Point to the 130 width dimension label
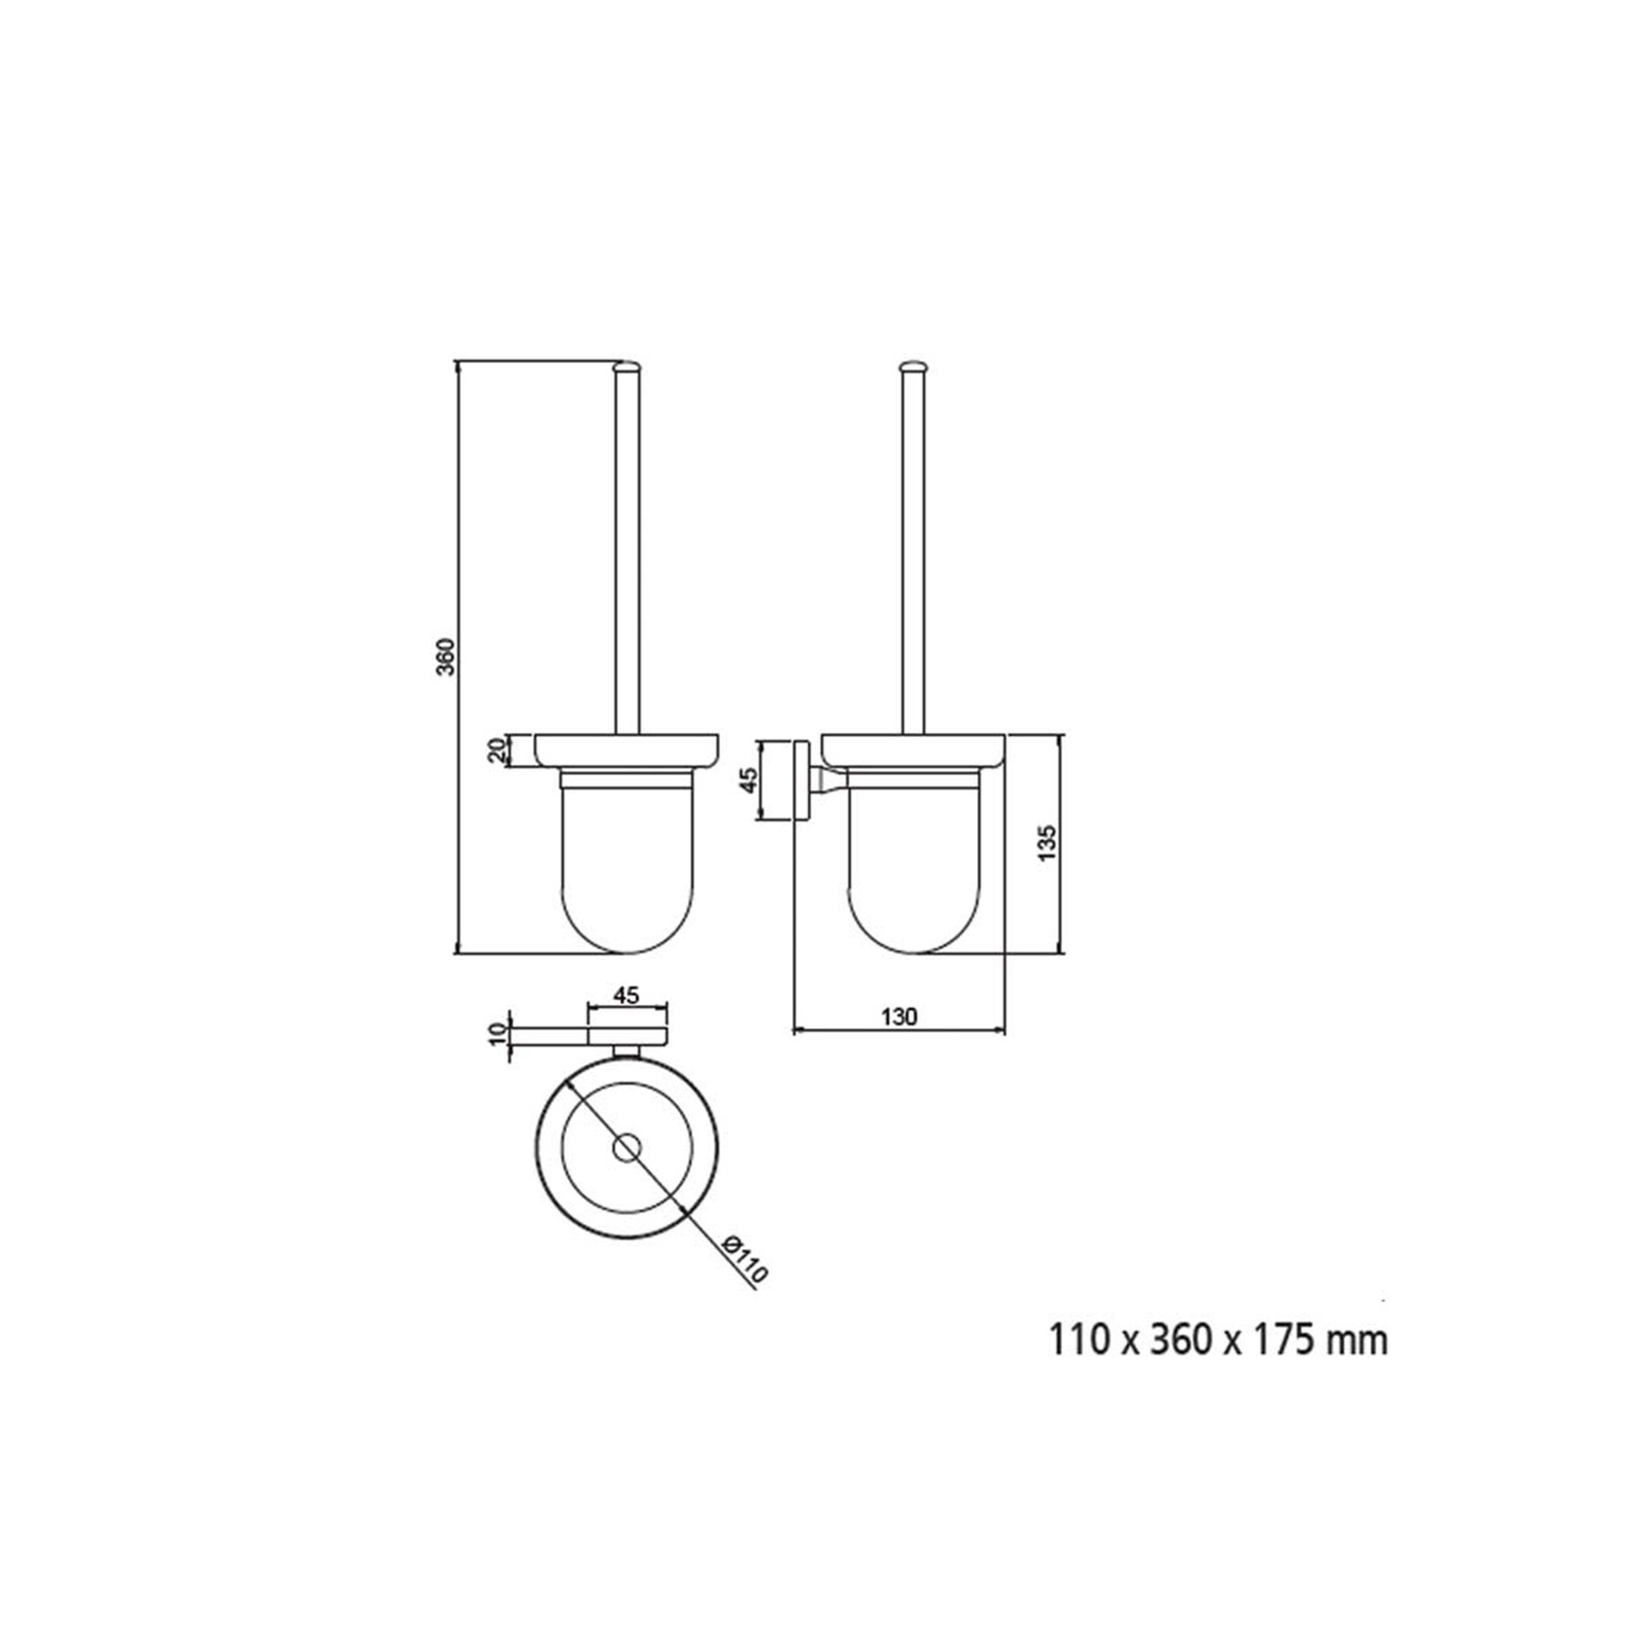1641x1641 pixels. click(900, 1017)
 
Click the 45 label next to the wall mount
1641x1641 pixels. click(748, 779)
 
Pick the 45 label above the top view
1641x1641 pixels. click(625, 996)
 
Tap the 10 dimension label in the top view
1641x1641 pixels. click(497, 1035)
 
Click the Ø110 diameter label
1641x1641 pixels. click(744, 1259)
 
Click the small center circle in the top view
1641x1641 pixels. click(626, 1149)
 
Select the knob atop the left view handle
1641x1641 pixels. click(626, 366)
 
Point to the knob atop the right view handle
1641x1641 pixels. click(913, 366)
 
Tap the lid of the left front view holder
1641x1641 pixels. click(626, 750)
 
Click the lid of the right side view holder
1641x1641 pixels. click(913, 750)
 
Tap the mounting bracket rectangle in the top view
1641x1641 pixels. click(626, 1036)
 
